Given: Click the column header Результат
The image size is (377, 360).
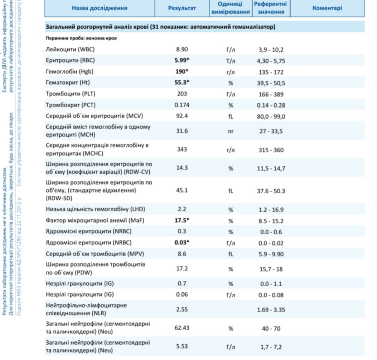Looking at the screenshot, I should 182,9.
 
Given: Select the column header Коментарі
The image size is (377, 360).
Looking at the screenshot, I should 327,9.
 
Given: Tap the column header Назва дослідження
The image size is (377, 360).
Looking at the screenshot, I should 99,9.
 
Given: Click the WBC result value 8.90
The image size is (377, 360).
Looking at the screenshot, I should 182,50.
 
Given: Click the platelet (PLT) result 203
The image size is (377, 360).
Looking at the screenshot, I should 182,94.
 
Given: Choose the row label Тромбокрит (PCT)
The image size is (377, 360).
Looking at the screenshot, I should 72,105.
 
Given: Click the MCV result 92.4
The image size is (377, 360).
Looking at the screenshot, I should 182,116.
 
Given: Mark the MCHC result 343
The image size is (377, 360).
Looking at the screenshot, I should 182,150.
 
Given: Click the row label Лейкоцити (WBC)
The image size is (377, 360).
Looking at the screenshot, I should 70,50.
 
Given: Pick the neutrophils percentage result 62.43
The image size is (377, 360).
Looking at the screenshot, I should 182,328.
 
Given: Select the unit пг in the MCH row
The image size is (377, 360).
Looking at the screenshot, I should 231,130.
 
